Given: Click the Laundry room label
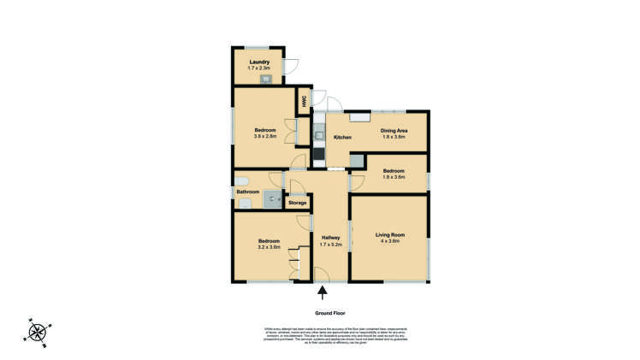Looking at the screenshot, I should (x=259, y=62).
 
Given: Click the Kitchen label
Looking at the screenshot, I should (x=342, y=138).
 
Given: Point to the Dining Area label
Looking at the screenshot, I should (x=394, y=130).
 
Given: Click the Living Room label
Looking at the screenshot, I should (x=389, y=234).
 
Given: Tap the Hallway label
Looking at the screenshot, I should (x=330, y=238).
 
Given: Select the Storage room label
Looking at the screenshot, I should (x=297, y=203).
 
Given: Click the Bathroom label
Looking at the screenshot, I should (x=248, y=192).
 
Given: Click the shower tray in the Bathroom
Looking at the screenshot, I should (x=272, y=200).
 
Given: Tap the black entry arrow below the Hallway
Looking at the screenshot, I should (x=322, y=293).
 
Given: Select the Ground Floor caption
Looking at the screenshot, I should (x=329, y=313).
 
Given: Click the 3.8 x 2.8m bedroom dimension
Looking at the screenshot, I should (x=264, y=137).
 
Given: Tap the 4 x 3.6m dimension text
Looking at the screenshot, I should (x=389, y=241).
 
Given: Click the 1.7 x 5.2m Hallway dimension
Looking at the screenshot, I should (x=330, y=245).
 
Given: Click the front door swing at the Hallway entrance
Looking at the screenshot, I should (x=322, y=274).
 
